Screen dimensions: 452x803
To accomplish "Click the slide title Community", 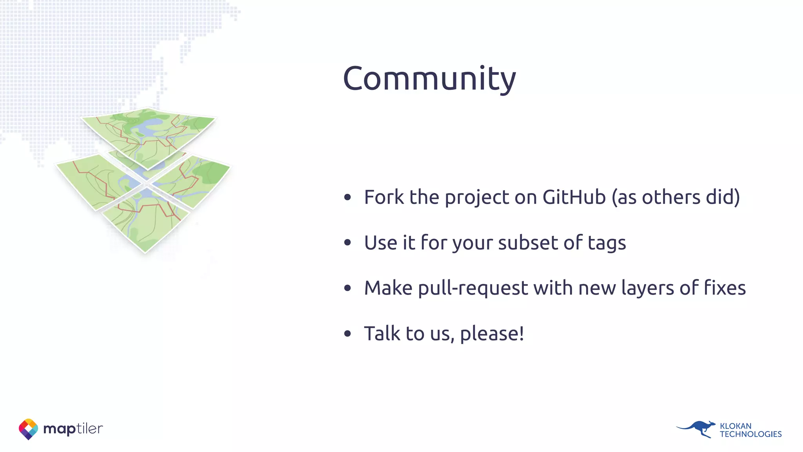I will click(429, 78).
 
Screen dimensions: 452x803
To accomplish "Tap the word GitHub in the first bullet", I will click(574, 197).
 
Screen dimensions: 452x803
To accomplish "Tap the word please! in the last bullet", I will click(492, 334).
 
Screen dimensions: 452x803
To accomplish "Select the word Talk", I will click(382, 334).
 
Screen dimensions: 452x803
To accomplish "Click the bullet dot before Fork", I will click(347, 197).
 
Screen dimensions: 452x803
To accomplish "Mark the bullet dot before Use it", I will click(347, 243).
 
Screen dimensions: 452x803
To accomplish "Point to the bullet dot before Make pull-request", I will click(347, 288).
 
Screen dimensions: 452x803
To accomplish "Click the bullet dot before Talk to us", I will click(347, 334).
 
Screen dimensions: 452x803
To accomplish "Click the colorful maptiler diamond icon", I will click(28, 429).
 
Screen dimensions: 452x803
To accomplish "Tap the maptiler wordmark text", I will click(73, 428).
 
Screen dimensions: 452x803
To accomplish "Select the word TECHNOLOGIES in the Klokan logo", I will click(750, 434).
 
